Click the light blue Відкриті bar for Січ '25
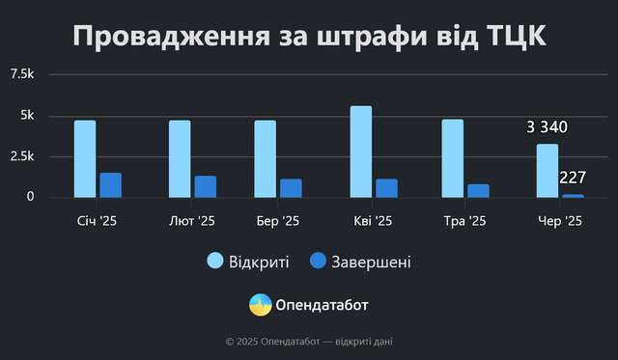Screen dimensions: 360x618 click(x=85, y=158)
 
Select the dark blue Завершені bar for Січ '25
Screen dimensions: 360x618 click(x=111, y=185)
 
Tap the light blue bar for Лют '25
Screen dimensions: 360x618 click(x=180, y=158)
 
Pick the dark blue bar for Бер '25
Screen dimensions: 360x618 click(x=291, y=188)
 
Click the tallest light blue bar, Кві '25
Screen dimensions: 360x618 click(x=360, y=152)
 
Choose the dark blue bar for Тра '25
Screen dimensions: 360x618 click(x=478, y=190)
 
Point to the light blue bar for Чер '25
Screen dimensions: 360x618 click(x=548, y=170)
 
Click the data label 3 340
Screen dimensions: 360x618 click(x=547, y=127)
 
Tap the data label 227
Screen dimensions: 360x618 click(x=574, y=178)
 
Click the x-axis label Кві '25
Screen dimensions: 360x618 click(x=371, y=221)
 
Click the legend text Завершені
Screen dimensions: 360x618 click(x=372, y=262)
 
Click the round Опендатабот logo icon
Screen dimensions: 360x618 click(x=260, y=305)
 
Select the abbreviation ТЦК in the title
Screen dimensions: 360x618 click(x=511, y=37)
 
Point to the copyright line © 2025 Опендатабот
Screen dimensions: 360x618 click(x=308, y=341)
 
